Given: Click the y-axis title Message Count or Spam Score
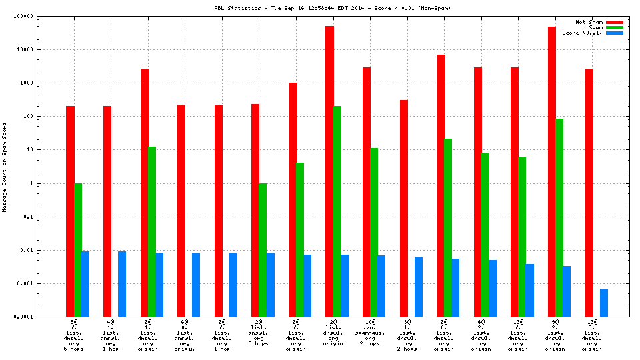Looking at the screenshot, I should [5, 167].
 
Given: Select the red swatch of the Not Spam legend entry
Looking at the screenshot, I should [614, 22].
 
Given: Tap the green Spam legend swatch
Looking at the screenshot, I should [614, 27].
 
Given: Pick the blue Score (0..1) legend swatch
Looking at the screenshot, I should [614, 33].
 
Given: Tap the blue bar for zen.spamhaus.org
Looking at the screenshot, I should [381, 286].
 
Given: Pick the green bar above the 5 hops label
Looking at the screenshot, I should [78, 250].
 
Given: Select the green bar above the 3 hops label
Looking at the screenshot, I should [263, 250].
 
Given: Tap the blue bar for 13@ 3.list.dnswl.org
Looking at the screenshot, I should [603, 303].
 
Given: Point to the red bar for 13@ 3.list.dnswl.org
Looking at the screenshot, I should [589, 193].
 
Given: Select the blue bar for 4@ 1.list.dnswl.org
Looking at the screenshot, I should [122, 284].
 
